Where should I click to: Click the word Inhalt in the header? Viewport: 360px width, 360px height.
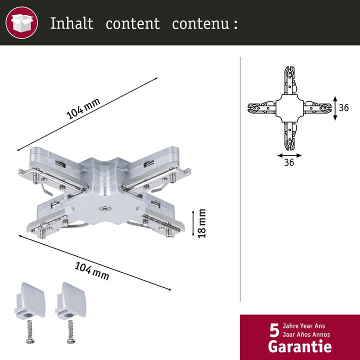coord(71,23)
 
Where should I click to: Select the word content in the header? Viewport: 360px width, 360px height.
coord(132,23)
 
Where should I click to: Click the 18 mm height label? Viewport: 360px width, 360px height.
coord(202,223)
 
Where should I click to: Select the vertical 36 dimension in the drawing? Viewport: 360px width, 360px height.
coord(343,107)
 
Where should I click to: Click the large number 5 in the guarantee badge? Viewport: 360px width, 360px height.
coord(274,331)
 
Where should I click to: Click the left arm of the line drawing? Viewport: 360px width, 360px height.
coord(261,108)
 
